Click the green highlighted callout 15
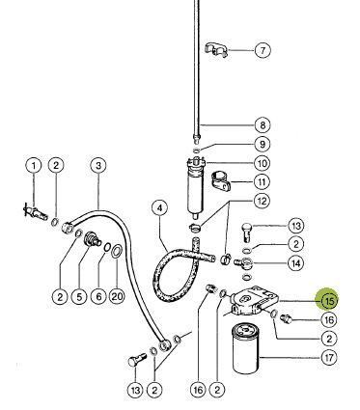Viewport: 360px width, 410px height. point(328,300)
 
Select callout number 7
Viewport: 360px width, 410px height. point(263,50)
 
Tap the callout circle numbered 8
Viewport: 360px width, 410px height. point(263,125)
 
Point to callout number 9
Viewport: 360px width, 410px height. point(263,144)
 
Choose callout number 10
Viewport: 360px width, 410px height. point(263,163)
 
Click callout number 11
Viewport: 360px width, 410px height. point(262,182)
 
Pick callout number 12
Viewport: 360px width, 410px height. point(262,201)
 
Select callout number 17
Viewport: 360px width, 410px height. point(329,358)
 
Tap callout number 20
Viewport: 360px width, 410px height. point(117,295)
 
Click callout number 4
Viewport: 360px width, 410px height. point(160,208)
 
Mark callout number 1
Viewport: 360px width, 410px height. point(34,166)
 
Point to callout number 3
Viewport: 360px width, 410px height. point(98,166)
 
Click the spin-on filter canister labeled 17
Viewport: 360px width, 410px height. point(245,349)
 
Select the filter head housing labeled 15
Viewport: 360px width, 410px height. point(254,301)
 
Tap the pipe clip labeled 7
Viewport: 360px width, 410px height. point(216,49)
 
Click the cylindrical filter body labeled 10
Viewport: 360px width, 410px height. point(195,186)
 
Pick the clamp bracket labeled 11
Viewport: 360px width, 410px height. point(221,181)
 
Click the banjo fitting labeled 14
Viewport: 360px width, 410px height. point(244,263)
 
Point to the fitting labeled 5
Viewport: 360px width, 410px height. point(92,240)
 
